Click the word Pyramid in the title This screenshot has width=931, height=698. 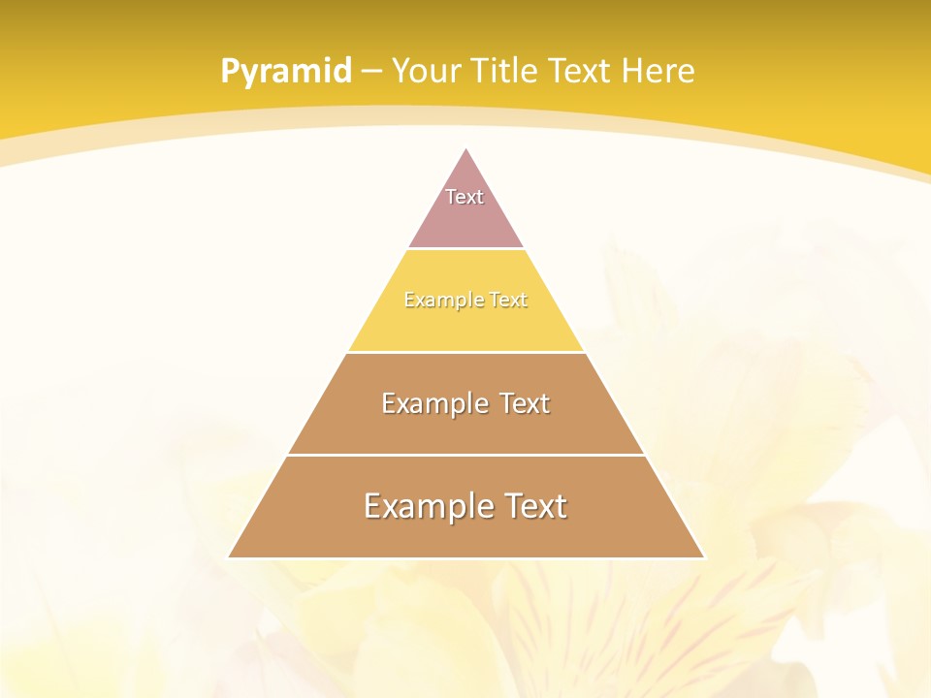(x=285, y=72)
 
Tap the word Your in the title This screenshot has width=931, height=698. (x=428, y=72)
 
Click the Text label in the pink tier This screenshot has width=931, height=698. (x=465, y=197)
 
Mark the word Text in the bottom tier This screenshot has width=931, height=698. (x=530, y=506)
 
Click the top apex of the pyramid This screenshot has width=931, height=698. (x=466, y=149)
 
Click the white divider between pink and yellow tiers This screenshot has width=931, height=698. (x=466, y=249)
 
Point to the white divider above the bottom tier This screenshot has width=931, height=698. (x=466, y=455)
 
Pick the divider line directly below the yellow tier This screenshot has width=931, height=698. (x=466, y=352)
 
